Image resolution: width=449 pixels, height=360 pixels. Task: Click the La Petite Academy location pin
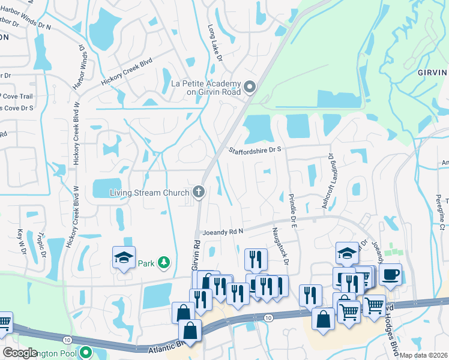click(250, 88)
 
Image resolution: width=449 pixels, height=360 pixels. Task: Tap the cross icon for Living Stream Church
click(199, 193)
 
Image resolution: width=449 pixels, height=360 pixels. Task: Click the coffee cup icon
click(390, 274)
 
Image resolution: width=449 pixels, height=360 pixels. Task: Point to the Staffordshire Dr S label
click(255, 150)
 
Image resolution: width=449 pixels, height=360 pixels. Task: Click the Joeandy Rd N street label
click(223, 231)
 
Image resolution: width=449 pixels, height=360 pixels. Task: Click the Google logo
click(20, 353)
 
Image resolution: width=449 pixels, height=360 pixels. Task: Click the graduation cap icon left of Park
click(124, 259)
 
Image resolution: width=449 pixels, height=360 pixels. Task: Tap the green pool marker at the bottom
click(86, 353)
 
